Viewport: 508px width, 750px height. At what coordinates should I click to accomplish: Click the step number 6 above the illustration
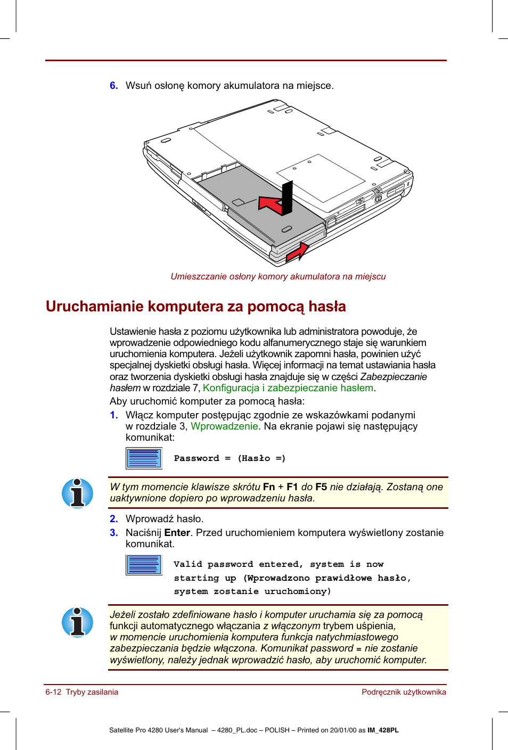(113, 86)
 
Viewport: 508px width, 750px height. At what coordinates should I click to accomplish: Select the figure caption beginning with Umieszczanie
(278, 277)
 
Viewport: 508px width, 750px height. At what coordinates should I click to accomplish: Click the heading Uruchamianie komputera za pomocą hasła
(195, 307)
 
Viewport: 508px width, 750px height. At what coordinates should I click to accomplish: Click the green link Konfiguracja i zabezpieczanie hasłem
(288, 388)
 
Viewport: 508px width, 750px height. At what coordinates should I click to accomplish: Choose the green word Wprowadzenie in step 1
(224, 426)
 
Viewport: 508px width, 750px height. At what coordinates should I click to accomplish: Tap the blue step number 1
(113, 415)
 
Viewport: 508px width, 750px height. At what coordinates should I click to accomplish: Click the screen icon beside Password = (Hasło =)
(144, 458)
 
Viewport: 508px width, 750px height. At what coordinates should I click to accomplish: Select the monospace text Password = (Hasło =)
(230, 458)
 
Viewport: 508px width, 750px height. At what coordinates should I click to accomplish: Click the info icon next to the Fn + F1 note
(78, 493)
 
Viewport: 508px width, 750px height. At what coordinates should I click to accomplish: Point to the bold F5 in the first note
(321, 487)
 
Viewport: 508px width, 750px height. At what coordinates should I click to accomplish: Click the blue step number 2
(113, 519)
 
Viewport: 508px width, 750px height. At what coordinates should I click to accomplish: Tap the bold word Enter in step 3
(177, 533)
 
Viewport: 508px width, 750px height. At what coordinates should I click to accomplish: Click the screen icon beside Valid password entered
(144, 565)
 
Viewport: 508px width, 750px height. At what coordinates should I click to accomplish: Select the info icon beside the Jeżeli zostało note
(78, 622)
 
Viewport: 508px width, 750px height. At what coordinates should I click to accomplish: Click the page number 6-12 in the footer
(53, 692)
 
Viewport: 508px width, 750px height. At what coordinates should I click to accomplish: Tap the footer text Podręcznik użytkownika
(404, 692)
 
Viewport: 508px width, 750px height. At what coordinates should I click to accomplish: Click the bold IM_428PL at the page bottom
(383, 730)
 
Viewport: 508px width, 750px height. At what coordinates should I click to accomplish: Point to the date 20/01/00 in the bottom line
(343, 730)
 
